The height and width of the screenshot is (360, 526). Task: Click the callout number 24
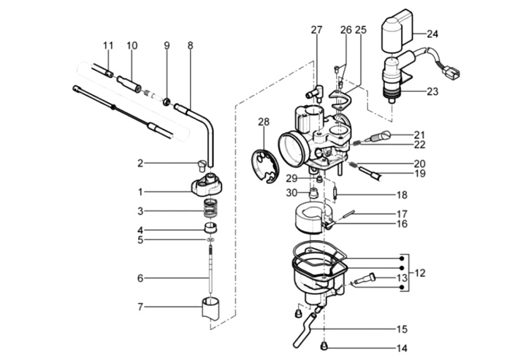pos(432,34)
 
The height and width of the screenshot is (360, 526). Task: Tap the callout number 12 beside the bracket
pos(420,273)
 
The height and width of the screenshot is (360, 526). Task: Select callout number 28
pos(264,122)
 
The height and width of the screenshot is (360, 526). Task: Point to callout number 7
pos(140,307)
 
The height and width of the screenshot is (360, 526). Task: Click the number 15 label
pos(402,329)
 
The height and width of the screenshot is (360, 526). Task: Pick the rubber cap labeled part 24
pos(396,30)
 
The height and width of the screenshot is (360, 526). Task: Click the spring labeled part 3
pos(210,209)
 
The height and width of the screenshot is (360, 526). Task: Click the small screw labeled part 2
pos(201,165)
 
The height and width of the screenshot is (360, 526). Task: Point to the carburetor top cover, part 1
pos(206,185)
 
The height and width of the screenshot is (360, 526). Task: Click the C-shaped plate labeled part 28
pos(265,166)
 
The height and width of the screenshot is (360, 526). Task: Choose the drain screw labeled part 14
pos(324,345)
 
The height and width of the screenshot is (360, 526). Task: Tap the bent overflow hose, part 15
pos(306,330)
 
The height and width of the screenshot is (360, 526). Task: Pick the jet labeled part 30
pos(313,194)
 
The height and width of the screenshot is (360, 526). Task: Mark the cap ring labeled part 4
pos(210,227)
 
